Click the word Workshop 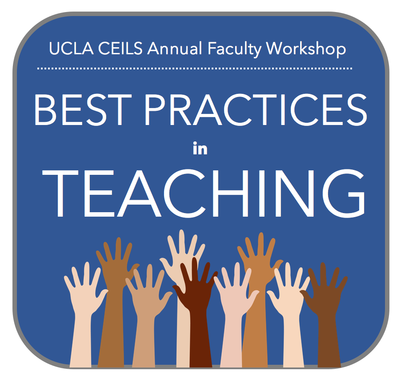tap(306, 48)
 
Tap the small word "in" tap(200, 149)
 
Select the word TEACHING tap(204, 193)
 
